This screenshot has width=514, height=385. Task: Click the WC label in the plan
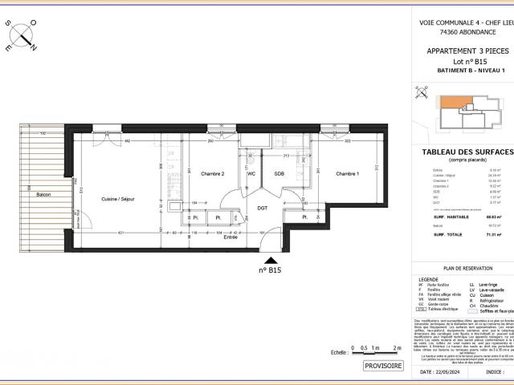(251, 174)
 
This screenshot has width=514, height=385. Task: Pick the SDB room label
(279, 174)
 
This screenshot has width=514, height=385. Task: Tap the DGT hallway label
(262, 209)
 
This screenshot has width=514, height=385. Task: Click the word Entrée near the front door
(230, 237)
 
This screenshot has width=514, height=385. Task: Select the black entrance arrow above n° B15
(273, 260)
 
